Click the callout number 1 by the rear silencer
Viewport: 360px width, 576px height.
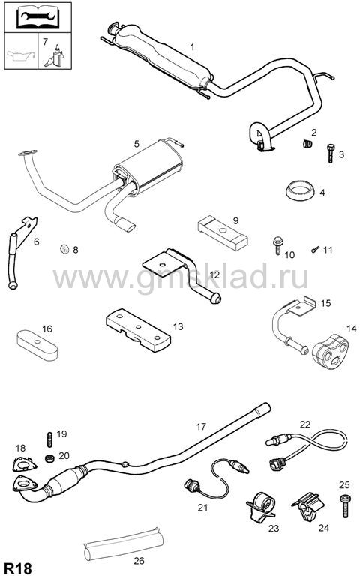192,47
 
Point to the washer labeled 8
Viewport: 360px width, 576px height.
64,249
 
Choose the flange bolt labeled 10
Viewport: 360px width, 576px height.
277,245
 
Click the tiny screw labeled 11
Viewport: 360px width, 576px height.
315,250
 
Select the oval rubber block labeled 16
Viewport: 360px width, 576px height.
37,344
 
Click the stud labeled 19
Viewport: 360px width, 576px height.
49,439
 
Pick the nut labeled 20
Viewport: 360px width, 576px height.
50,458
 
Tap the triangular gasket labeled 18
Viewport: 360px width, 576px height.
24,464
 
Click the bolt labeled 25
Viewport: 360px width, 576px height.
344,505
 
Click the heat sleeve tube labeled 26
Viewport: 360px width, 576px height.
123,542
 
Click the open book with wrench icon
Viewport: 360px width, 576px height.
37,17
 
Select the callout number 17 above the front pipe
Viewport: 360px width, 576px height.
201,427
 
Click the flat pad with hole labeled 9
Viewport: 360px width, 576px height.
223,233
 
